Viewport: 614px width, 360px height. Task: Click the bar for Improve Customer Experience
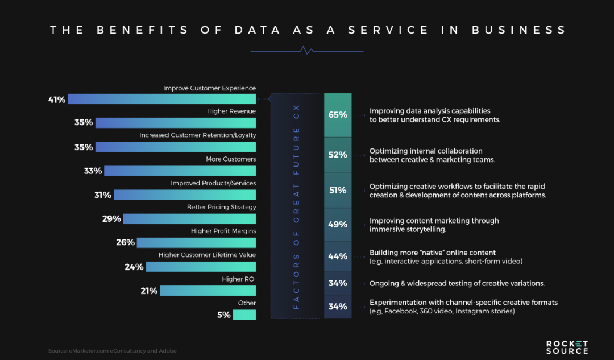point(162,99)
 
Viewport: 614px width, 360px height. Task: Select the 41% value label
point(57,100)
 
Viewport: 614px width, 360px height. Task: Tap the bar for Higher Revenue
point(176,123)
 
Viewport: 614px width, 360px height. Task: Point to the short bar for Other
point(244,315)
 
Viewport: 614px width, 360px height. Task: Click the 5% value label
point(223,315)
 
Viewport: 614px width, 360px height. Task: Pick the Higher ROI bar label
point(239,279)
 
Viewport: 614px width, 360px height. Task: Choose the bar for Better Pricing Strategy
point(189,218)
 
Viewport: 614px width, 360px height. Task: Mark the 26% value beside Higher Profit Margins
point(126,242)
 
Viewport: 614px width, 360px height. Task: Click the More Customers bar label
point(231,159)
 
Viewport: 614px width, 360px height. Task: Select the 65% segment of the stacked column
point(338,115)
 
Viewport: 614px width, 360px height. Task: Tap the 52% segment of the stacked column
point(338,155)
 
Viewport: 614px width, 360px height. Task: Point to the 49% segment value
point(338,225)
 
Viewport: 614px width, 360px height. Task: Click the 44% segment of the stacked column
point(338,256)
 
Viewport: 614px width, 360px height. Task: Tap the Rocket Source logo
point(567,347)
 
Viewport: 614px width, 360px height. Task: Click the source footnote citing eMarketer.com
point(112,351)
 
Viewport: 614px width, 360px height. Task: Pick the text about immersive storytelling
point(434,225)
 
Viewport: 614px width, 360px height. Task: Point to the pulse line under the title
point(307,51)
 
